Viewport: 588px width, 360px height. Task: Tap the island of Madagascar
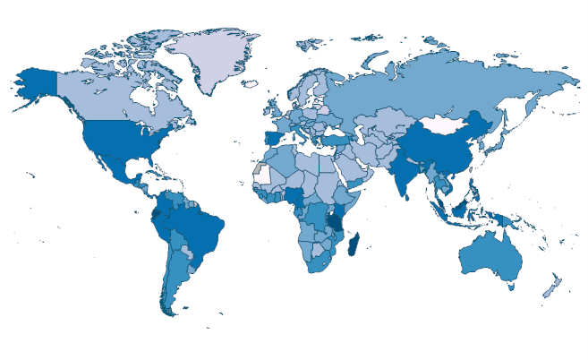[x=357, y=244]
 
